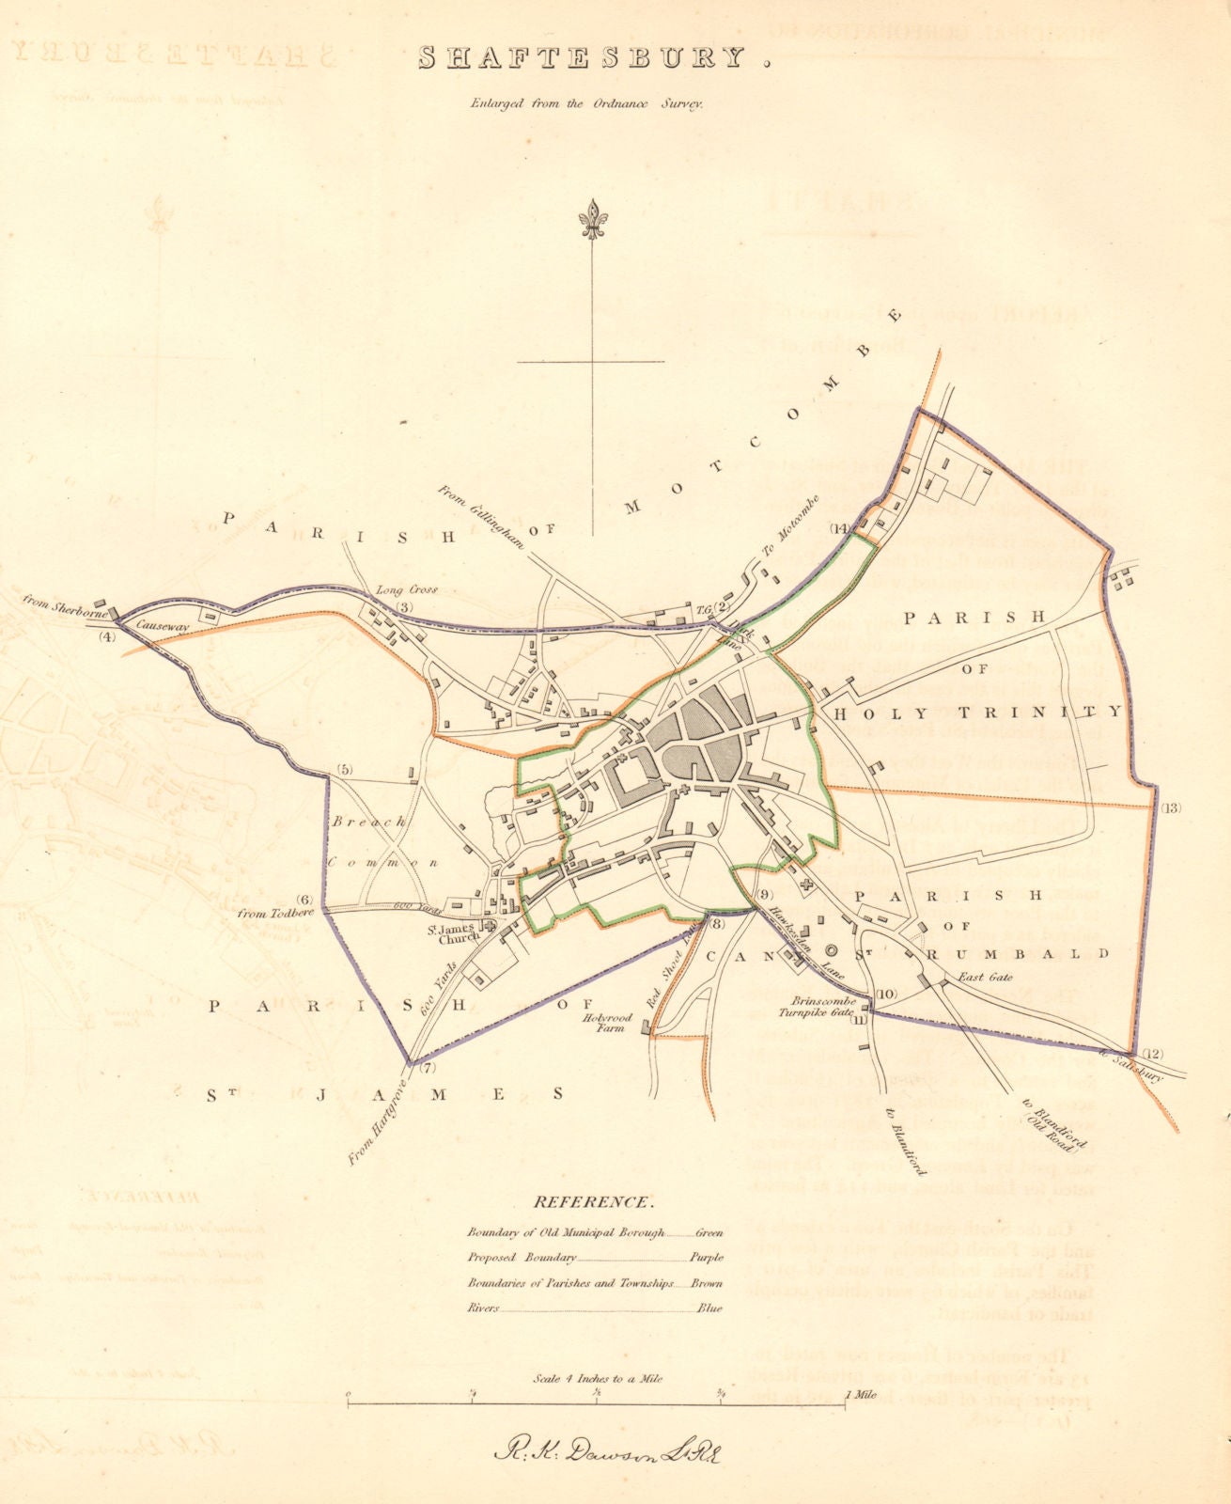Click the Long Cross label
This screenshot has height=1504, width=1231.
(407, 590)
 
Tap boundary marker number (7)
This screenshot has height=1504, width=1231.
(429, 1068)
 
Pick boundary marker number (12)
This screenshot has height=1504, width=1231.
(1152, 1053)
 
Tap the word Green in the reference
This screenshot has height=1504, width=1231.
(709, 1232)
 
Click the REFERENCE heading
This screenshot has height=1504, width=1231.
(592, 1201)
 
